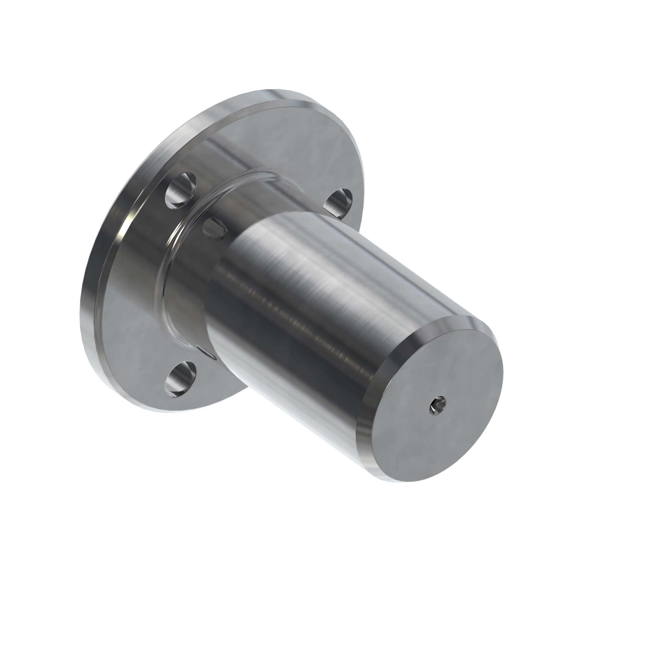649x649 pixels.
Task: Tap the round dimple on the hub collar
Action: [x=215, y=227]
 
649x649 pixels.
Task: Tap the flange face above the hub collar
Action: [x=269, y=141]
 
